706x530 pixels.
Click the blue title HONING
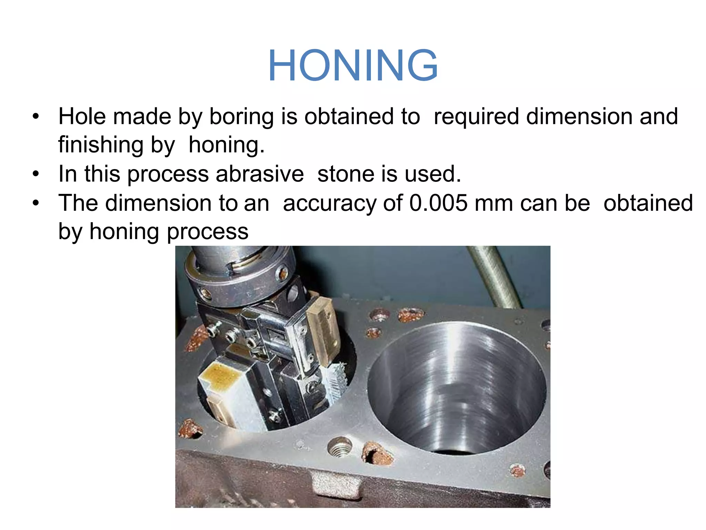pos(353,66)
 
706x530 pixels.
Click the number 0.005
pos(438,203)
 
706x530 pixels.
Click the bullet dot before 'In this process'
pos(36,174)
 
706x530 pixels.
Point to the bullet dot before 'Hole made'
pos(36,117)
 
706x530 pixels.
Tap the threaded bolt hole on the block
pos(340,448)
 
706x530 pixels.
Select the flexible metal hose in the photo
pos(493,276)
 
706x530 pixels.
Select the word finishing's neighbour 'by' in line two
pos(163,145)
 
